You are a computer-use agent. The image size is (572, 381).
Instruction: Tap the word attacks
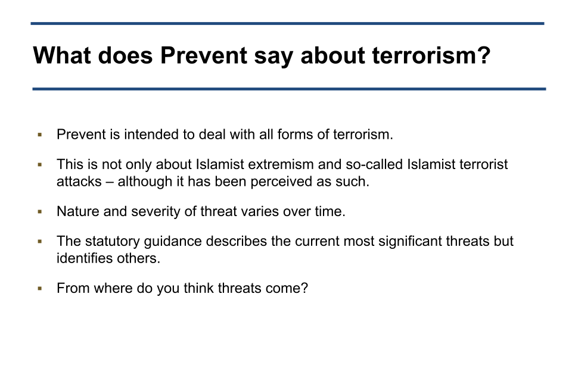(x=79, y=182)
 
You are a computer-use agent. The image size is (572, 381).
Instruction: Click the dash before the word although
(x=110, y=182)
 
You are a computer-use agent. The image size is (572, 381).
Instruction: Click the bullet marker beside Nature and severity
(x=40, y=211)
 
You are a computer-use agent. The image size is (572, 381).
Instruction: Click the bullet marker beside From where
(x=40, y=288)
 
